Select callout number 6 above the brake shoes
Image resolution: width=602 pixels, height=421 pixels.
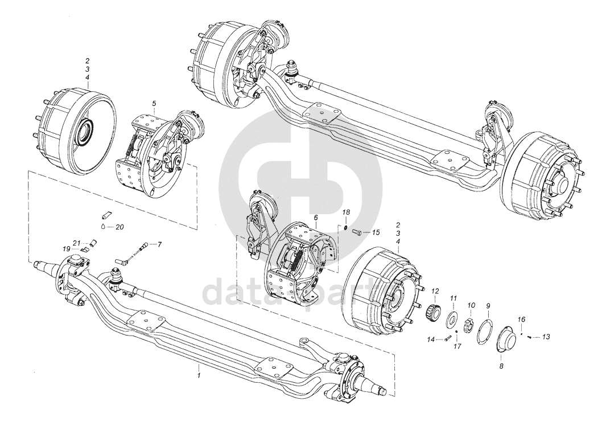(x=316, y=217)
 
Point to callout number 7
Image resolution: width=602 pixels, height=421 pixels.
(x=160, y=244)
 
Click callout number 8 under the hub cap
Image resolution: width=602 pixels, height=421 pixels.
(x=501, y=366)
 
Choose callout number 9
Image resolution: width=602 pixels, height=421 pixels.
(x=488, y=295)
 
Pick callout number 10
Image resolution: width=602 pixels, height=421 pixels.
(x=471, y=295)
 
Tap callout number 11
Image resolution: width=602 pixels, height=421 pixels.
(x=453, y=297)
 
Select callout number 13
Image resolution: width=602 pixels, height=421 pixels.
(x=546, y=337)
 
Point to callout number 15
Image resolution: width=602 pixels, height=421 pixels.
(x=376, y=232)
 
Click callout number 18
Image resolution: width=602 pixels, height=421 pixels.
(x=346, y=212)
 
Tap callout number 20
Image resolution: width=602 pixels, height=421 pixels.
(x=119, y=227)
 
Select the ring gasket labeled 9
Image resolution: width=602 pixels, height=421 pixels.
(x=485, y=323)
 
